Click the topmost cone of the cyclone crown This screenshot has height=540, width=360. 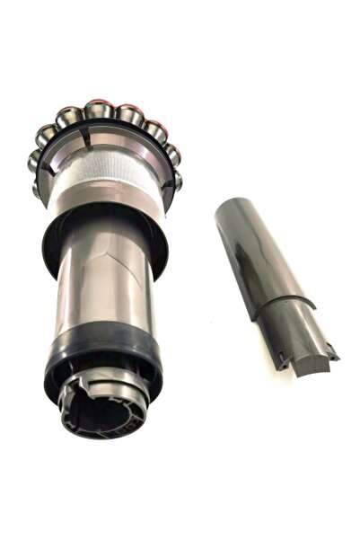100,109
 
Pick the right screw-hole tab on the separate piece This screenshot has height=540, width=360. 334,354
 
